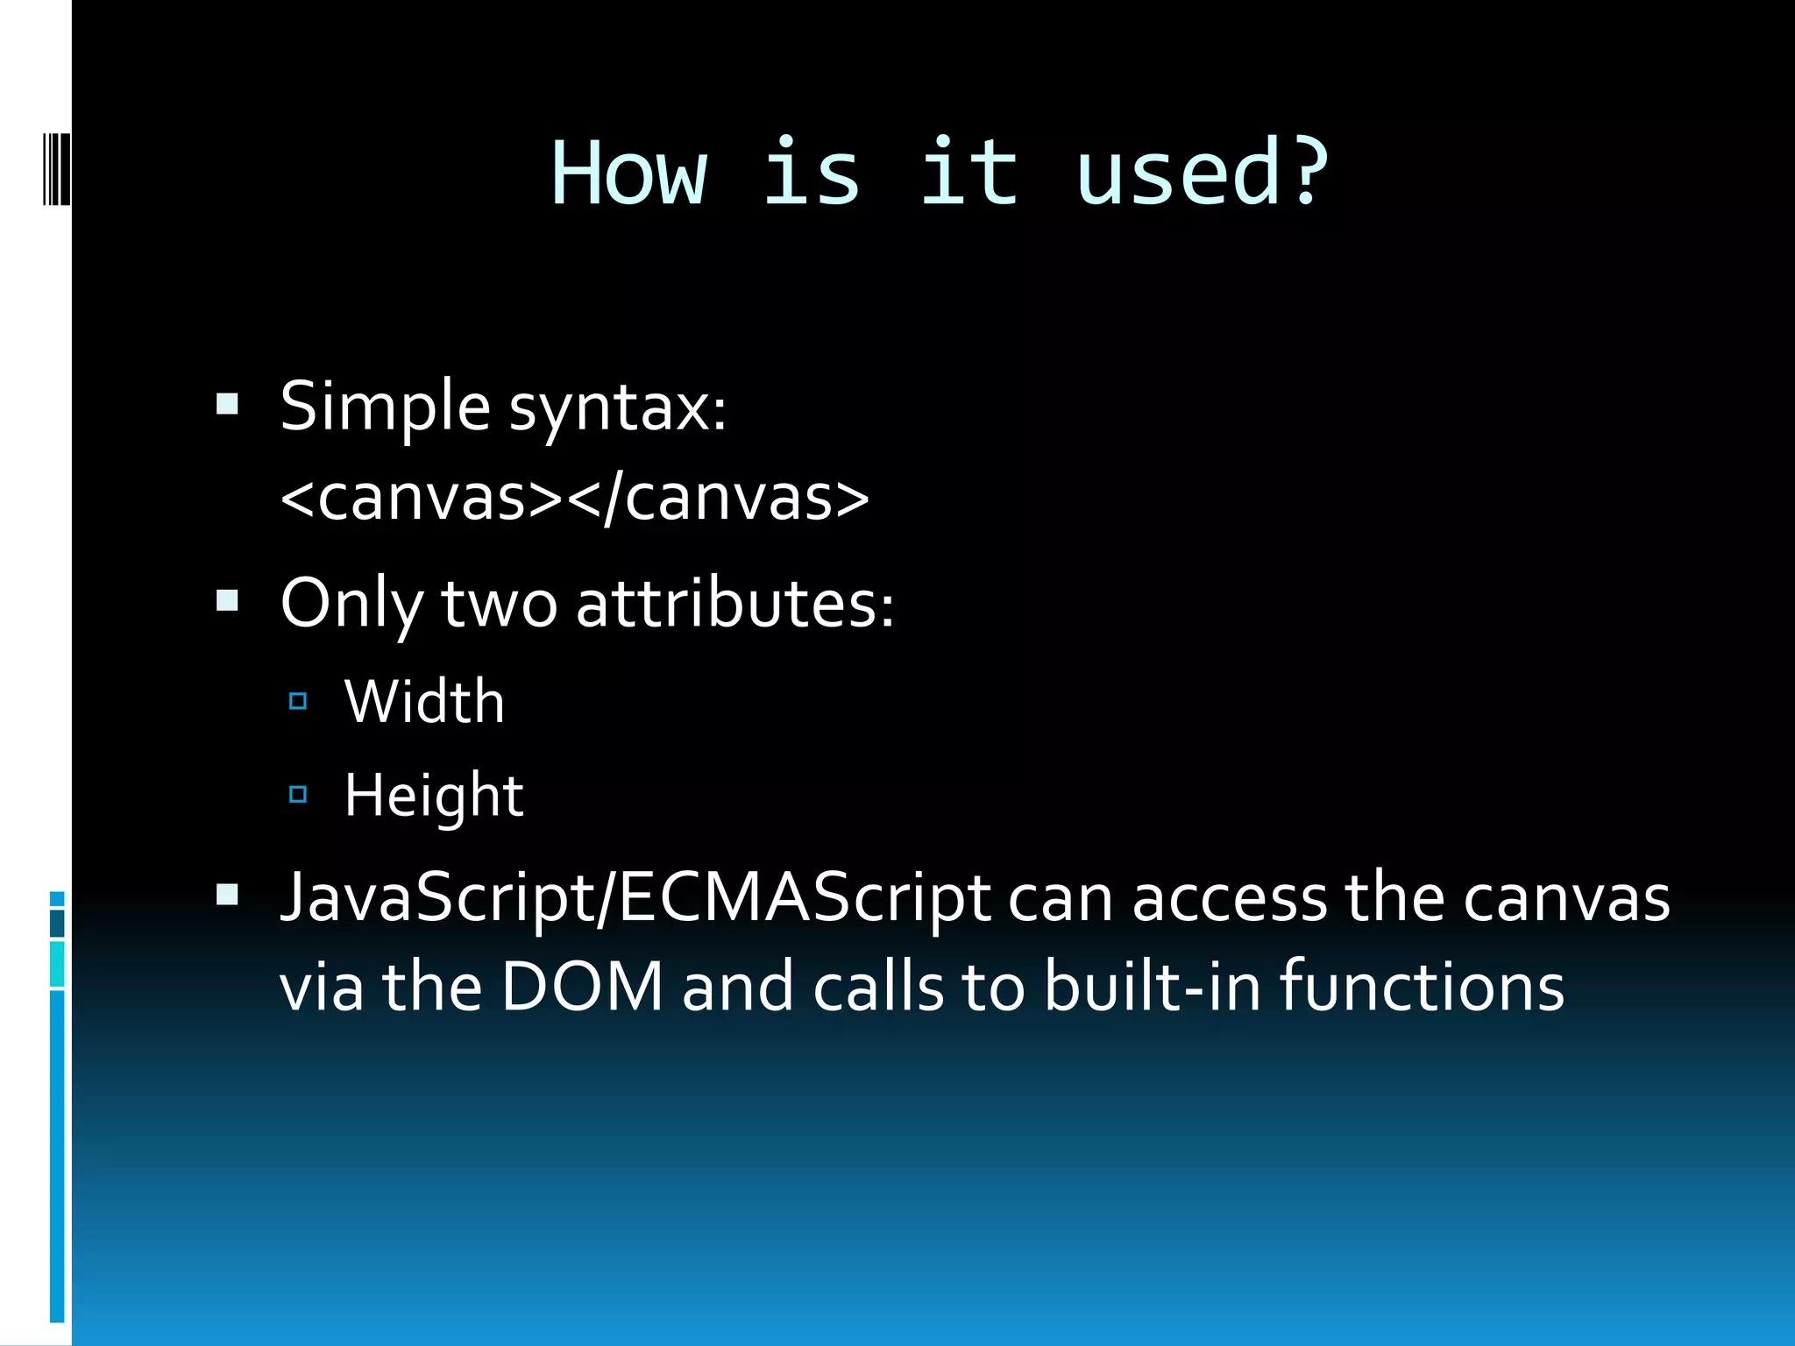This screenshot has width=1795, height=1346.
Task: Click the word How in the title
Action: point(628,174)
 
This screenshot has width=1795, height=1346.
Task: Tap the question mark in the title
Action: point(1307,174)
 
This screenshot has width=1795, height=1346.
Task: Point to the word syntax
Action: point(617,408)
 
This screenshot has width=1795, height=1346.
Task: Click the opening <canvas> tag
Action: point(422,498)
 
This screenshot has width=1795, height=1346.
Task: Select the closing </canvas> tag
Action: point(719,498)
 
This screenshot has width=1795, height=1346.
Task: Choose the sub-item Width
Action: point(424,702)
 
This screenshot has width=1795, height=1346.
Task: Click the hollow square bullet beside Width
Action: point(298,701)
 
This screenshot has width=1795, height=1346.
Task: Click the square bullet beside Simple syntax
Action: point(227,404)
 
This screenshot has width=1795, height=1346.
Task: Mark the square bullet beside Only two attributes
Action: point(227,600)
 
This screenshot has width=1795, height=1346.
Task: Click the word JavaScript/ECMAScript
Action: point(635,899)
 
